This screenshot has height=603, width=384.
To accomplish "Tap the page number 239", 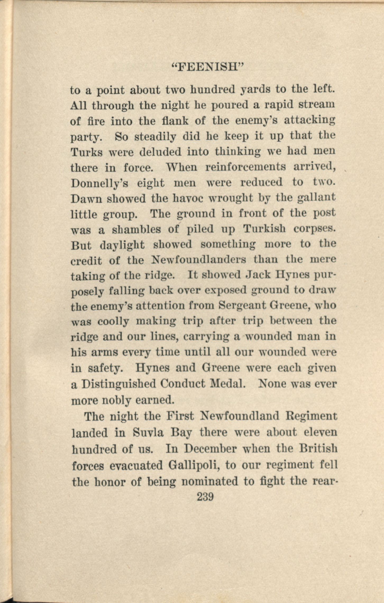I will [205, 497].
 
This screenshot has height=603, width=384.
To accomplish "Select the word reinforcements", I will [245, 167].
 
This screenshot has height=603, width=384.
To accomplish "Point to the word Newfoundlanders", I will [199, 260].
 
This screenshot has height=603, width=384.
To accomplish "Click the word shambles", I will [136, 229].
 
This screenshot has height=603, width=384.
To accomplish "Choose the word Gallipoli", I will [195, 465].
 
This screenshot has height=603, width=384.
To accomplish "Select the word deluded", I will [160, 151].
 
